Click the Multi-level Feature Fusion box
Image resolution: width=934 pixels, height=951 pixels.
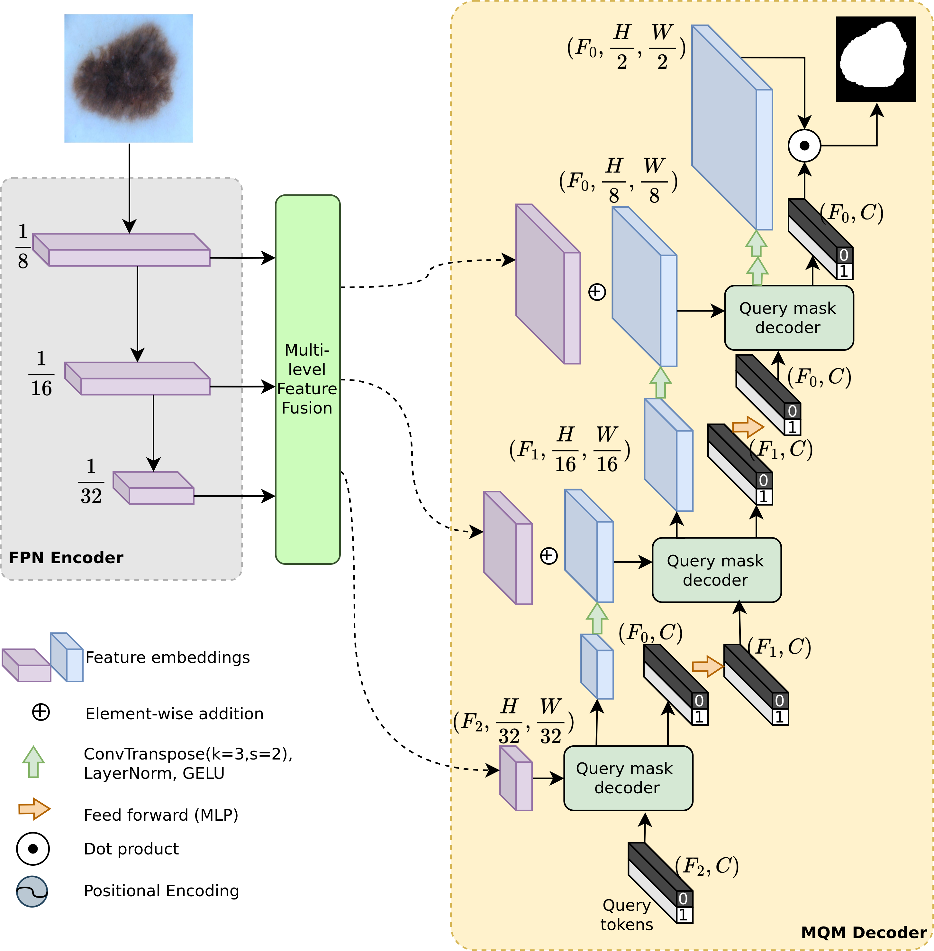[x=308, y=379]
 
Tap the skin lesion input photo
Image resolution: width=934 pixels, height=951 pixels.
[x=129, y=78]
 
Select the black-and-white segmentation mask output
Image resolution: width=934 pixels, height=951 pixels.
[x=875, y=59]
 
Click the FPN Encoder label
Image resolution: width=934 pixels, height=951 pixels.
[x=66, y=558]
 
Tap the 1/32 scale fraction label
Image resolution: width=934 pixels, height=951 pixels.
[x=91, y=481]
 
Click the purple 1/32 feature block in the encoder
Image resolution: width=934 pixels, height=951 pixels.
[x=154, y=488]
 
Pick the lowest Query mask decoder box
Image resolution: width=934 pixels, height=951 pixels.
[x=628, y=778]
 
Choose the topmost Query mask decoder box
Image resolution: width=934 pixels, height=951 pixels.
[x=789, y=318]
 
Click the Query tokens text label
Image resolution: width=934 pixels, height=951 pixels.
[x=626, y=915]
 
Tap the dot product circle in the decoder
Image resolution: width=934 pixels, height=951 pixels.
[x=804, y=146]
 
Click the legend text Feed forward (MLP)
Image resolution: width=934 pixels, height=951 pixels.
[x=161, y=815]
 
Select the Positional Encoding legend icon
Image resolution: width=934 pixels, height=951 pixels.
[x=32, y=891]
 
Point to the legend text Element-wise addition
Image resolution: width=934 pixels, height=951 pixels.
[x=174, y=713]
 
